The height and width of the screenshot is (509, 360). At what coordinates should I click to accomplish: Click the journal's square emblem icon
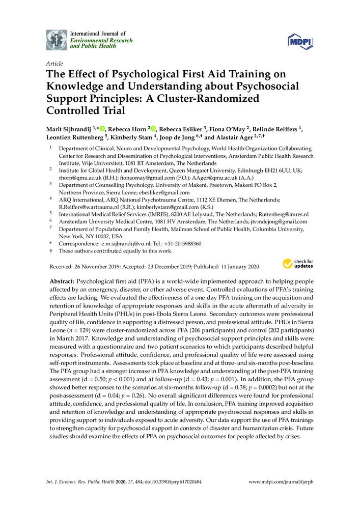tap(56, 39)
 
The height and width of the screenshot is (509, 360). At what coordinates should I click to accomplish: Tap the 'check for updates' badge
tap(298, 263)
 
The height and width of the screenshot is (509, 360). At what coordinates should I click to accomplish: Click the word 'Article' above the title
tap(54, 64)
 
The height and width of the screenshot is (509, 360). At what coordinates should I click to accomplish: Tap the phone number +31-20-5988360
tap(182, 244)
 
